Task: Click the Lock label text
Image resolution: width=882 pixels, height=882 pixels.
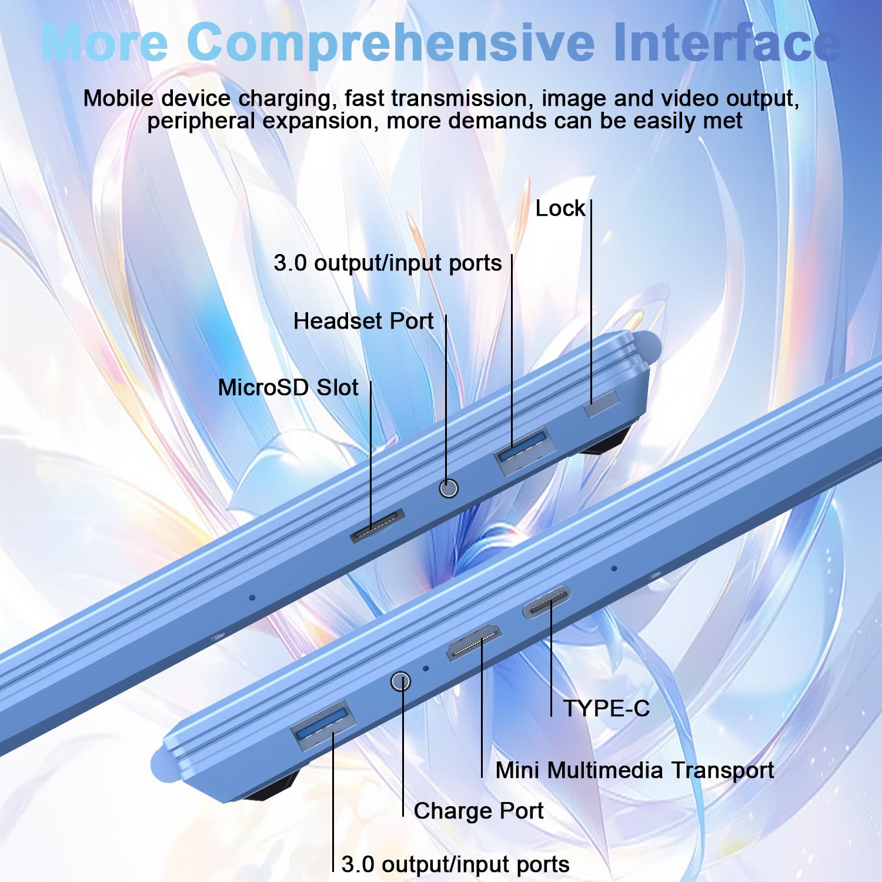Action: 560,209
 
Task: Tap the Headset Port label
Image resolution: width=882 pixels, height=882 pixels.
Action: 363,321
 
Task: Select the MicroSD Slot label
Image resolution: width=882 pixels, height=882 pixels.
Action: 288,387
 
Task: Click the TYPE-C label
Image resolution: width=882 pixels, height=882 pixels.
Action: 606,709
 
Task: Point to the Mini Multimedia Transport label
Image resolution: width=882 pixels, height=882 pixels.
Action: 634,770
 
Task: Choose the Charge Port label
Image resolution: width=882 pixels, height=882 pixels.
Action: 479,811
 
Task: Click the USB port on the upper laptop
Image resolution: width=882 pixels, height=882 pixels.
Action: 525,451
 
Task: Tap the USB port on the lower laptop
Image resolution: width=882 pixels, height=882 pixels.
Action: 323,725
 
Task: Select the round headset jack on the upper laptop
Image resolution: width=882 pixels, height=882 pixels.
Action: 449,488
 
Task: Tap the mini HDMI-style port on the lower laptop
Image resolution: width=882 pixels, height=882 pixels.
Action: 474,642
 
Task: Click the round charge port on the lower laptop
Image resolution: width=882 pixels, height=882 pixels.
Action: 400,681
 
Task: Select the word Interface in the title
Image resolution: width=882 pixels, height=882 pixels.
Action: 726,42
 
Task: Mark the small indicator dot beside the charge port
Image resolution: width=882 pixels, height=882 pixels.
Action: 426,668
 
